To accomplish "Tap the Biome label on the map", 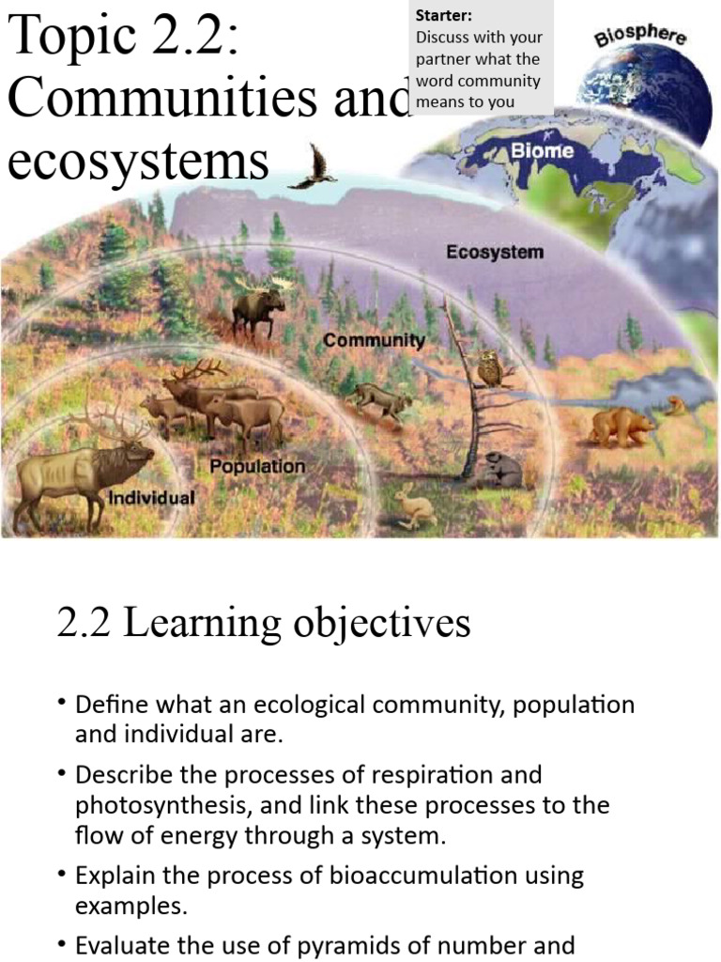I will [x=542, y=150].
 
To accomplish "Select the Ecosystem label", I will [x=494, y=252].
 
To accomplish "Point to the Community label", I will [x=374, y=340].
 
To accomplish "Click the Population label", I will [x=257, y=466].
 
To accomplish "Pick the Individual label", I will [x=152, y=497].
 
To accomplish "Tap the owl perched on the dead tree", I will [x=488, y=368].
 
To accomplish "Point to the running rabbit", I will [x=413, y=508].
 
